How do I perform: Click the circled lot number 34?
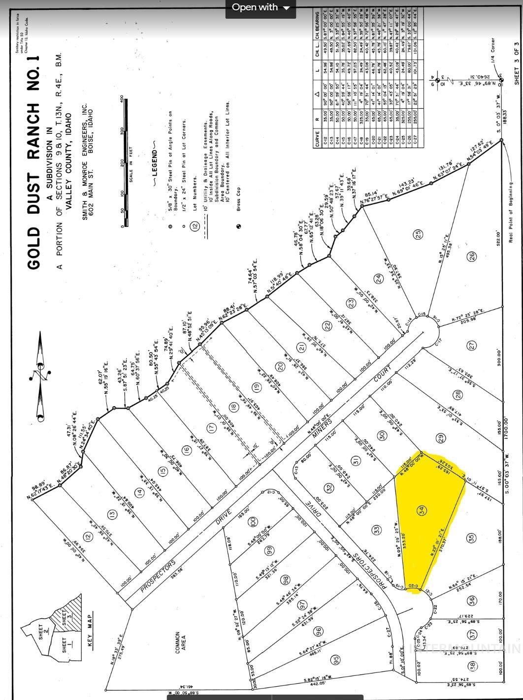point(422,510)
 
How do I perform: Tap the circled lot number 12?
point(88,537)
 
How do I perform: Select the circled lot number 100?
point(253,520)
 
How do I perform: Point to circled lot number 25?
point(419,235)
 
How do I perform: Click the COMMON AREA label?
point(180,642)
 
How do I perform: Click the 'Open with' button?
point(261,7)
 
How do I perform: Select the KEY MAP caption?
point(89,631)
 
